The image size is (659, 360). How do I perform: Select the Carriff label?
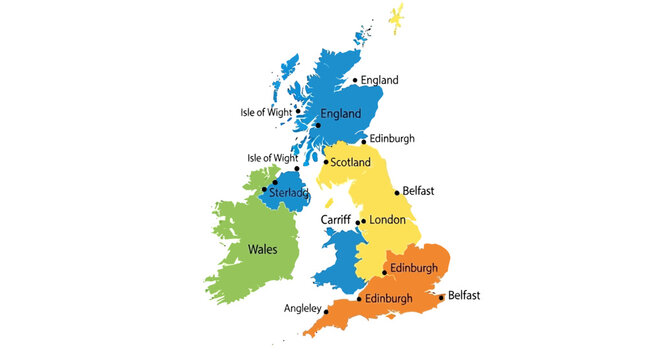tap(336, 219)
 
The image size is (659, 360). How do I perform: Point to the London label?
tap(388, 220)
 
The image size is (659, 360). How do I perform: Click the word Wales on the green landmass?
tap(262, 249)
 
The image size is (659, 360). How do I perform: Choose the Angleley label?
tap(300, 308)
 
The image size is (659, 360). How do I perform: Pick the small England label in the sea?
tap(380, 80)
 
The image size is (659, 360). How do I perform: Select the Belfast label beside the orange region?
tap(464, 295)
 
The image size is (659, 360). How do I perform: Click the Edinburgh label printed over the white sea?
tap(391, 139)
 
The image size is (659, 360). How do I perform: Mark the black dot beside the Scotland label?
tap(325, 162)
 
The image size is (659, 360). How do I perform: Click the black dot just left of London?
tap(363, 221)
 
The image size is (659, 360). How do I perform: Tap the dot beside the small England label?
tap(355, 81)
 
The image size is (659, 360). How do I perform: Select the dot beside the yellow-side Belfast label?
tap(397, 192)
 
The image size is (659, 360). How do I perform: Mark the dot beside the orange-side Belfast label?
tap(441, 296)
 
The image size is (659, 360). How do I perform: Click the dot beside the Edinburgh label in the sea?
tap(363, 141)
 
